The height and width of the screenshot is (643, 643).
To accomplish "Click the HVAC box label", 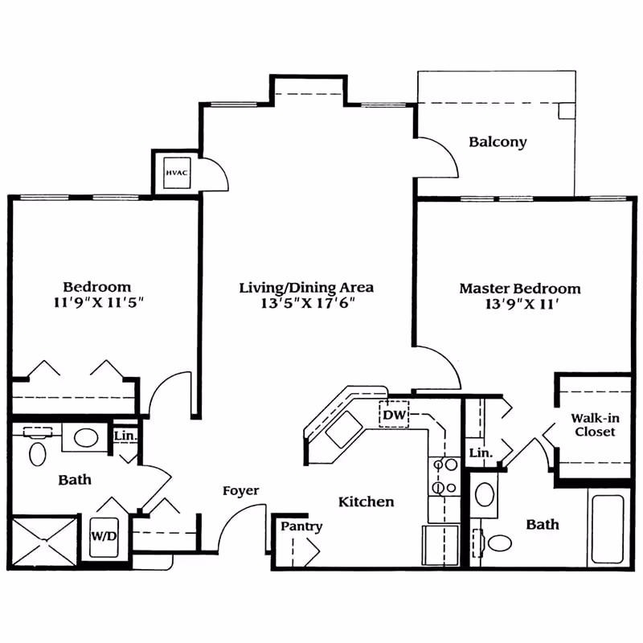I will (175, 173).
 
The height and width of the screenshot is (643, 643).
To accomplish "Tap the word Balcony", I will (498, 142).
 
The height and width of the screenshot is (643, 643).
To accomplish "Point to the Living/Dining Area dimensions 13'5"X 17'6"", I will (306, 303).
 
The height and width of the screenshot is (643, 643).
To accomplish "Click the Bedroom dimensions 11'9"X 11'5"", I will (97, 303).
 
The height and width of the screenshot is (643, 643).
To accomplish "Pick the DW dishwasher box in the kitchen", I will (394, 415).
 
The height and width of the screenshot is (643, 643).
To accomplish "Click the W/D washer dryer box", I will (102, 534).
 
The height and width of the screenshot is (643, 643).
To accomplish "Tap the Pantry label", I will (301, 526).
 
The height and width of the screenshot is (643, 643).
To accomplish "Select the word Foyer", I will (240, 491).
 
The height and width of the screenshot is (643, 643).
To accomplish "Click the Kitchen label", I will (366, 502).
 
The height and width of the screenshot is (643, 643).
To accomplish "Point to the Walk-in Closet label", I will (593, 425).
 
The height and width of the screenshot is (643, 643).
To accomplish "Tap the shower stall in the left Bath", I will (46, 543).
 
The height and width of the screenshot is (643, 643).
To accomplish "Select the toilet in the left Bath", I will (37, 452).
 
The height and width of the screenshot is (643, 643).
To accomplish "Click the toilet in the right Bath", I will (498, 543).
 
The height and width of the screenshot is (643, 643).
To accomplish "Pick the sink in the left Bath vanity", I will (85, 438).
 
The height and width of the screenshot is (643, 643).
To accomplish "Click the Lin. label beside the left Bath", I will (125, 436).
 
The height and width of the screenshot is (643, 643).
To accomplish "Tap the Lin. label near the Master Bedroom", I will (480, 453).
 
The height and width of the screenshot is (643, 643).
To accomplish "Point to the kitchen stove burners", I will (444, 476).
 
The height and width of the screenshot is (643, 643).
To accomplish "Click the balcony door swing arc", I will (444, 157).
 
